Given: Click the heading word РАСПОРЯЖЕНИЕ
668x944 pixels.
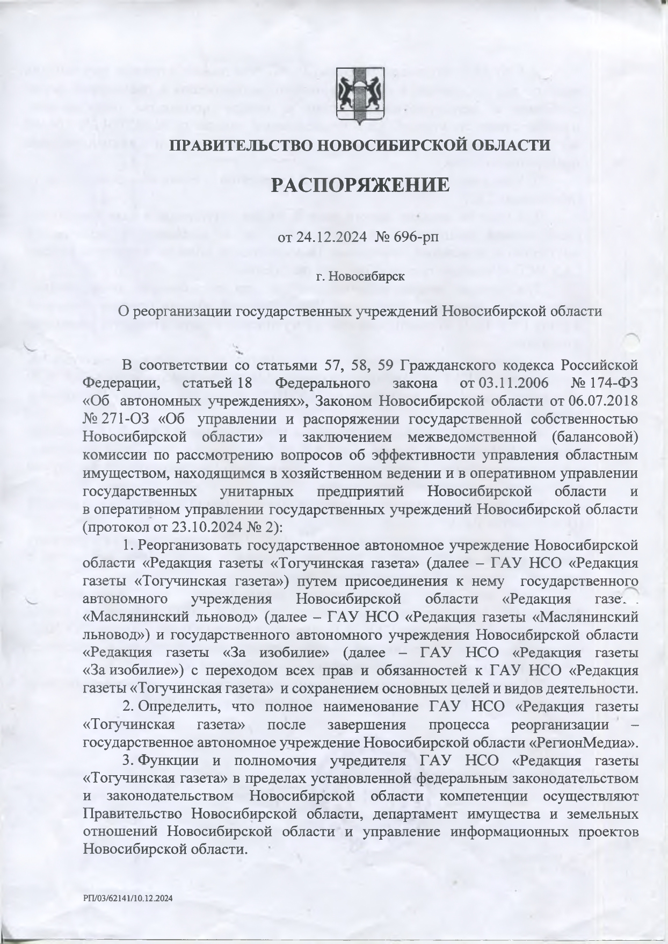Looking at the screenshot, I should click(359, 185).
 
